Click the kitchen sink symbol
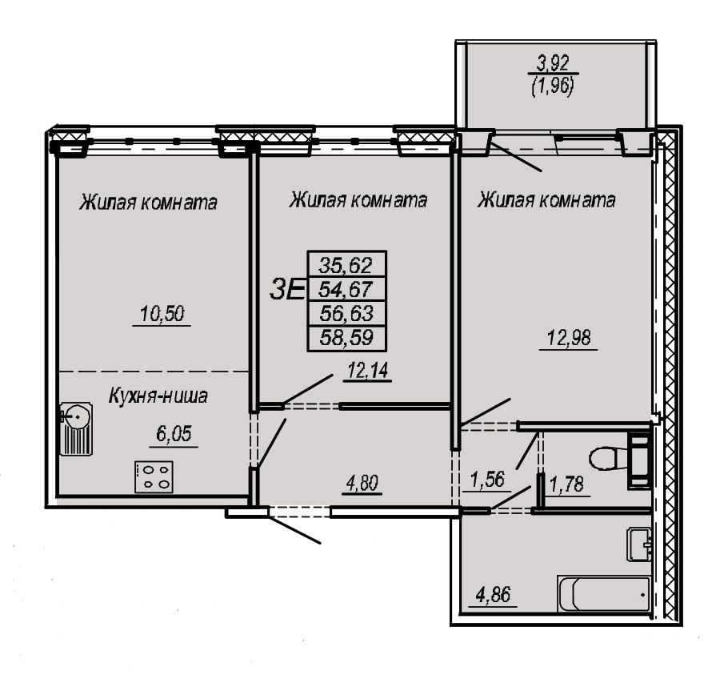[77, 429]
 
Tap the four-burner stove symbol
[154, 476]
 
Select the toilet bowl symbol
[620, 459]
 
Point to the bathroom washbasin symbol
[639, 544]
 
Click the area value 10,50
[162, 314]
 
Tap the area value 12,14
[368, 372]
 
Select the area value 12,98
[569, 338]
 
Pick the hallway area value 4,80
[362, 483]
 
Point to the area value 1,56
[487, 480]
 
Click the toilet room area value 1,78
[566, 484]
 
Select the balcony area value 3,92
[553, 62]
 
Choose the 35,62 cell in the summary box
[346, 265]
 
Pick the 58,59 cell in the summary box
[346, 337]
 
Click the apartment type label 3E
[287, 290]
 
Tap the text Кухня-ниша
[158, 396]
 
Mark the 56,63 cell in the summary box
[346, 313]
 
